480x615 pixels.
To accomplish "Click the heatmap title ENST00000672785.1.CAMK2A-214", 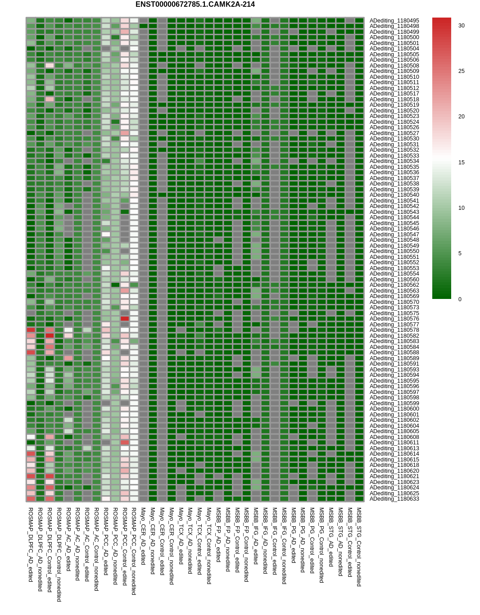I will (x=195, y=5).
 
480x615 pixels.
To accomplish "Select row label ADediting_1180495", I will (x=394, y=21).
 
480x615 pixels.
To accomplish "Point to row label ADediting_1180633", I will (x=394, y=499).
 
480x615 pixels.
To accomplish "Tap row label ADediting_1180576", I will (x=394, y=319).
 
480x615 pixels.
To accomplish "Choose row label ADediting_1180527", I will (x=394, y=133).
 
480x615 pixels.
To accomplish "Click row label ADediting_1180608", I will (x=394, y=437).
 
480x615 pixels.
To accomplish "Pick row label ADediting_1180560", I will (x=394, y=280).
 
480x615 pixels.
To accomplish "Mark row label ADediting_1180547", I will (x=394, y=235).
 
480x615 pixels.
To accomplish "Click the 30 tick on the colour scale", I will (x=461, y=26).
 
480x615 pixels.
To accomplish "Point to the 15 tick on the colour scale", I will (x=461, y=163).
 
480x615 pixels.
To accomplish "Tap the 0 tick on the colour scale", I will (x=460, y=299).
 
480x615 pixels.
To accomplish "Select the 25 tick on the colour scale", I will (x=461, y=71).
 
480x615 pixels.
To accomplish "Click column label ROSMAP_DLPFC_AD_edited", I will (x=31, y=545).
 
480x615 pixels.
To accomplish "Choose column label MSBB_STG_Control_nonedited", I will (x=359, y=547).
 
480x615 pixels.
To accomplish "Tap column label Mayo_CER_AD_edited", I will (x=143, y=536).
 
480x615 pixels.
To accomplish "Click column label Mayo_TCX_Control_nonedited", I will (x=209, y=546).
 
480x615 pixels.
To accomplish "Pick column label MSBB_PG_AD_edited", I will (x=294, y=535).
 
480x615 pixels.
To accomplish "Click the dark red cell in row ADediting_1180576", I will (x=125, y=319).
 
